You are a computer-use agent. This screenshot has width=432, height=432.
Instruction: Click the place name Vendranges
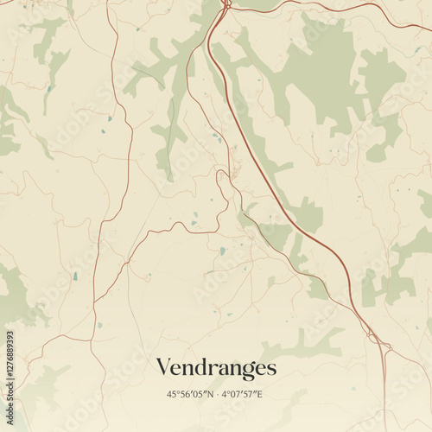216,368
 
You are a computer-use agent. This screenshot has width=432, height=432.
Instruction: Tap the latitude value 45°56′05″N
190,394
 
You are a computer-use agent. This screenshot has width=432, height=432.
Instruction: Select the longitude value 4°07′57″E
242,394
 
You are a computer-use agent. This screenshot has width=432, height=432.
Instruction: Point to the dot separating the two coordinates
216,394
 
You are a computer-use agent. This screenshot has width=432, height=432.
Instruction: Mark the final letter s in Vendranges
271,369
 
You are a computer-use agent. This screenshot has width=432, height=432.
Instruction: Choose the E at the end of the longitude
260,394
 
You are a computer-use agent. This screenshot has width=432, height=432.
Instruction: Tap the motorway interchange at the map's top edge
225,7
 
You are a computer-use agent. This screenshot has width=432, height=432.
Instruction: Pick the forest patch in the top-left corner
48,39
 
